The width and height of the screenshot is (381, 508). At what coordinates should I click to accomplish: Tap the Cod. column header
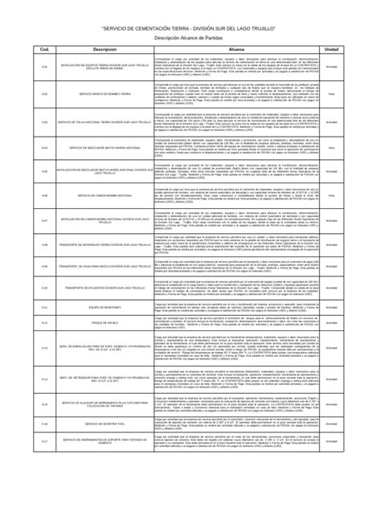(45, 50)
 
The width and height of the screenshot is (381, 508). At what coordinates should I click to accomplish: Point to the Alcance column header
(236, 50)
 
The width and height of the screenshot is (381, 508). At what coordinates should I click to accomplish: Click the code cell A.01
(45, 66)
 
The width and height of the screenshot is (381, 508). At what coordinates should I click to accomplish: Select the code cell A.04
(45, 149)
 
